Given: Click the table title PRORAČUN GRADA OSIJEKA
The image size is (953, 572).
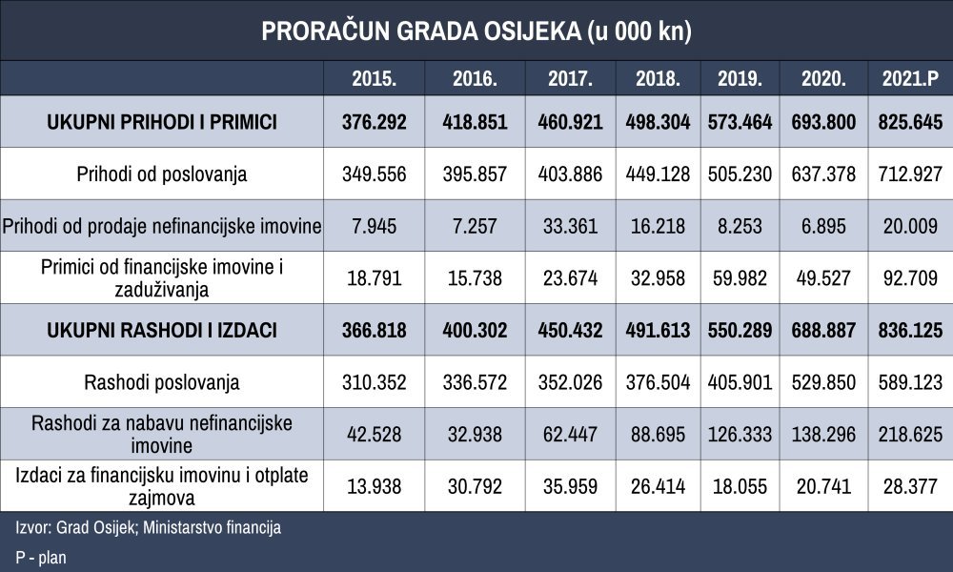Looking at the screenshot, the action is tap(420, 31).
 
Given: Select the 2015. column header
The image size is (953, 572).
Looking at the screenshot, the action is tap(375, 78).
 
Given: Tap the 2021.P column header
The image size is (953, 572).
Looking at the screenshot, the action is tap(910, 78).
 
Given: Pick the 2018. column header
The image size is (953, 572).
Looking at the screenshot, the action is tap(659, 78).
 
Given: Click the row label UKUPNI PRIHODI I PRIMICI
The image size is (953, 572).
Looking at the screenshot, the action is tap(162, 122).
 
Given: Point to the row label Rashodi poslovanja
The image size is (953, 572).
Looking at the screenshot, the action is tap(162, 382).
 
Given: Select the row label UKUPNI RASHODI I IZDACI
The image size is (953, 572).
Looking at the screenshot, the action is tap(162, 330).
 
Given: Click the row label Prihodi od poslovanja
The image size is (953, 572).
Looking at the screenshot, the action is tap(162, 174).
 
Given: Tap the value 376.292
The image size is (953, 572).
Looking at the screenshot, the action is tap(375, 122).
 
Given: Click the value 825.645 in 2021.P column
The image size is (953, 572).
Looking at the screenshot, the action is tap(910, 122).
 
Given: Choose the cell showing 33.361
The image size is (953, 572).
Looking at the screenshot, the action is tap(570, 226).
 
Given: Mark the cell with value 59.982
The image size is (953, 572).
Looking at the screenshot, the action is tap(740, 278).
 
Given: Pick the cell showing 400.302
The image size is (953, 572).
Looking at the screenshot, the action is tap(475, 330).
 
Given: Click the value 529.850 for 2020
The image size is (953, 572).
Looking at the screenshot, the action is tap(823, 382).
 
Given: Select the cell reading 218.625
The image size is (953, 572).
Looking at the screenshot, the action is tap(910, 434).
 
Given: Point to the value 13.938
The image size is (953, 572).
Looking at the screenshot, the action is tap(375, 486).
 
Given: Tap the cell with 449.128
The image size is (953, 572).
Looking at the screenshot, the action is tap(659, 174).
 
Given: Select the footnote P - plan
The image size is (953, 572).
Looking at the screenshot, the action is tap(41, 558).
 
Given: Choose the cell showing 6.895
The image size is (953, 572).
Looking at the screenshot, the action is tap(823, 226).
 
